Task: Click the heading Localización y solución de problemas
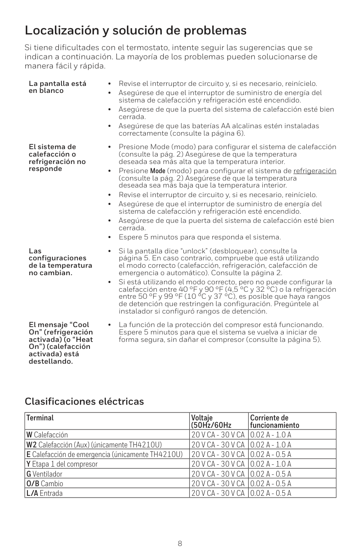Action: pyautogui.click(x=136, y=31)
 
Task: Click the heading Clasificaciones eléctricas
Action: pyautogui.click(x=84, y=401)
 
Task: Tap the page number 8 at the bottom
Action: pyautogui.click(x=180, y=543)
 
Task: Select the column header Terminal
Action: pyautogui.click(x=40, y=418)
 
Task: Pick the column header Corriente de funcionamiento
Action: pyautogui.click(x=275, y=421)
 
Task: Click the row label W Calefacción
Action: pyautogui.click(x=47, y=435)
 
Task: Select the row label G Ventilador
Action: pyautogui.click(x=45, y=474)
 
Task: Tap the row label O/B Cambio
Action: pyautogui.click(x=45, y=484)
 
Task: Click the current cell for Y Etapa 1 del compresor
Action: pyautogui.click(x=271, y=464)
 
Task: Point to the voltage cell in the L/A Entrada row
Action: pyautogui.click(x=218, y=493)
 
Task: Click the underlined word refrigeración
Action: pyautogui.click(x=315, y=171)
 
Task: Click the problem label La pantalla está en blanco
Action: pyautogui.click(x=57, y=87)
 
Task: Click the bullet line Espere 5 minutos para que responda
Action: pyautogui.click(x=199, y=238)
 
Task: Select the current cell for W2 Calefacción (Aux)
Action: pyautogui.click(x=271, y=445)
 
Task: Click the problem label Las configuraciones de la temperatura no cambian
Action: pyautogui.click(x=60, y=262)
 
